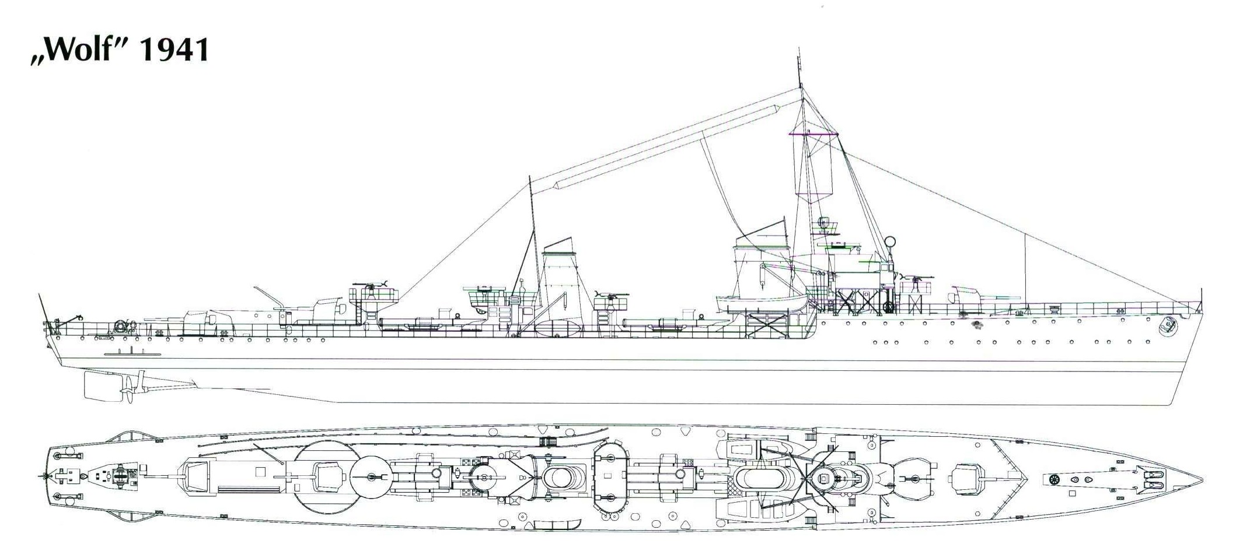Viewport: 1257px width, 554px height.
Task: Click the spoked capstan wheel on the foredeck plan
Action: [x=1054, y=479]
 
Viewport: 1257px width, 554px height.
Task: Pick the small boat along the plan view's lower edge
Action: [x=554, y=522]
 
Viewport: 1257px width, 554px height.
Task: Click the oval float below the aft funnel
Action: [x=558, y=328]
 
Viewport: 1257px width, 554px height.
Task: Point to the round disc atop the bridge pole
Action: [x=890, y=240]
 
